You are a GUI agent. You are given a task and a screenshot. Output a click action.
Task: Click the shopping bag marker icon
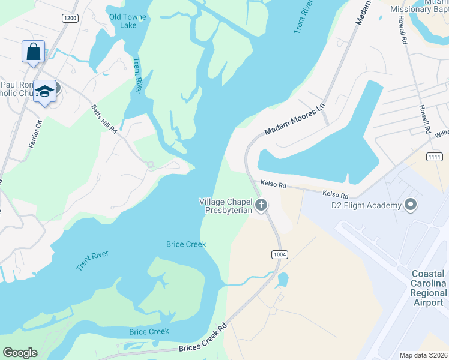point(33,52)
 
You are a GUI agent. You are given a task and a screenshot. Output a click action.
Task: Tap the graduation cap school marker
point(44,91)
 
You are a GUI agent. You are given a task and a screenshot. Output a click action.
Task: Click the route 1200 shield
point(70,19)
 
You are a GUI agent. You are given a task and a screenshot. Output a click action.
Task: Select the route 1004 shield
point(279,254)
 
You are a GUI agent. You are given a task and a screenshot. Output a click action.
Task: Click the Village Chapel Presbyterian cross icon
point(261,206)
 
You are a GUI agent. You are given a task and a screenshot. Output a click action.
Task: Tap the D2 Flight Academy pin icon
point(411,206)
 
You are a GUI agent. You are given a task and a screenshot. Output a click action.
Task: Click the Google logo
point(20,353)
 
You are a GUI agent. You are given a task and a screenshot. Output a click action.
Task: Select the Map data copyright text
point(423,355)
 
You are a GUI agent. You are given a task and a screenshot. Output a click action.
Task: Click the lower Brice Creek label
point(149,331)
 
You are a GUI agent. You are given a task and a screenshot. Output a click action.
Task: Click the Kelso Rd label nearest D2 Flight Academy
point(335,194)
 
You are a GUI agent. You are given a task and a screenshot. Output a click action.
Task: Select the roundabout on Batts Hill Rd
point(151,165)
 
